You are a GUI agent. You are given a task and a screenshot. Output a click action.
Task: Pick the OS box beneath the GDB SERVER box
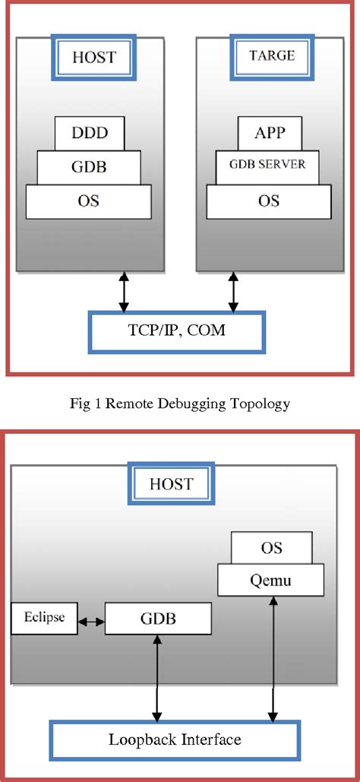point(269,201)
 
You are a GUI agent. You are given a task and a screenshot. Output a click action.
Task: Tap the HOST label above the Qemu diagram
point(172,484)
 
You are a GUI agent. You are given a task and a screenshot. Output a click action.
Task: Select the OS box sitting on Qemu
point(271,548)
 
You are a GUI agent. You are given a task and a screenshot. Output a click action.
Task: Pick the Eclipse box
point(44,619)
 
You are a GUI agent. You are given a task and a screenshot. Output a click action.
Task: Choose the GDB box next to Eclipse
point(156,619)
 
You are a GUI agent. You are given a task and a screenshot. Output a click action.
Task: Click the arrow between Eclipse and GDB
point(91,619)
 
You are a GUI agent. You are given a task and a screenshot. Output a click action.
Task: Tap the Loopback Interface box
point(175,738)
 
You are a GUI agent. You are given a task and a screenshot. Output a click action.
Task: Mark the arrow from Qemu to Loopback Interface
point(271,657)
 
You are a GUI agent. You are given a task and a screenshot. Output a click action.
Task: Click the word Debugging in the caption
point(184,404)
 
